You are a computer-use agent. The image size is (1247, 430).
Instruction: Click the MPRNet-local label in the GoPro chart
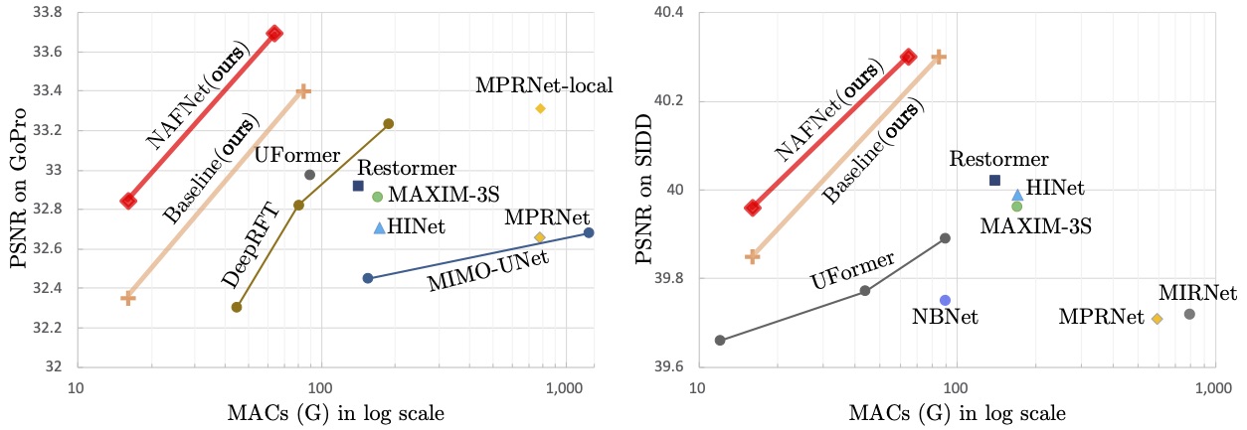[544, 86]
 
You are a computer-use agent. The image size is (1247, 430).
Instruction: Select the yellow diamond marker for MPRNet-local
[540, 108]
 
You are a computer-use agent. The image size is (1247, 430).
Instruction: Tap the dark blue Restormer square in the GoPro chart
[358, 186]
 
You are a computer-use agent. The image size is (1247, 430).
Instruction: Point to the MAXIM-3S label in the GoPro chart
[430, 196]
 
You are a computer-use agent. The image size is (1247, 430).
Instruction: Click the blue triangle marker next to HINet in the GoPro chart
[379, 228]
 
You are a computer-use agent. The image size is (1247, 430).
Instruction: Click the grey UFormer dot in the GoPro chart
[309, 175]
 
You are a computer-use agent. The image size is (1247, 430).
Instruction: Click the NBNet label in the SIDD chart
[945, 318]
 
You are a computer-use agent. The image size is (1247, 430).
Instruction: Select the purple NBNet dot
[945, 300]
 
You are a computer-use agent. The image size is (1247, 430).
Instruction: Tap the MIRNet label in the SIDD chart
[1197, 293]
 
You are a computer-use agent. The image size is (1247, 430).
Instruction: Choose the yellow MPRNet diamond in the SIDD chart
[1157, 318]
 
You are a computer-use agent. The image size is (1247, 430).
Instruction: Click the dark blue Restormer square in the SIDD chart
[994, 180]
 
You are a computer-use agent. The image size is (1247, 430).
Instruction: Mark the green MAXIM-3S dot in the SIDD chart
[1016, 206]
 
